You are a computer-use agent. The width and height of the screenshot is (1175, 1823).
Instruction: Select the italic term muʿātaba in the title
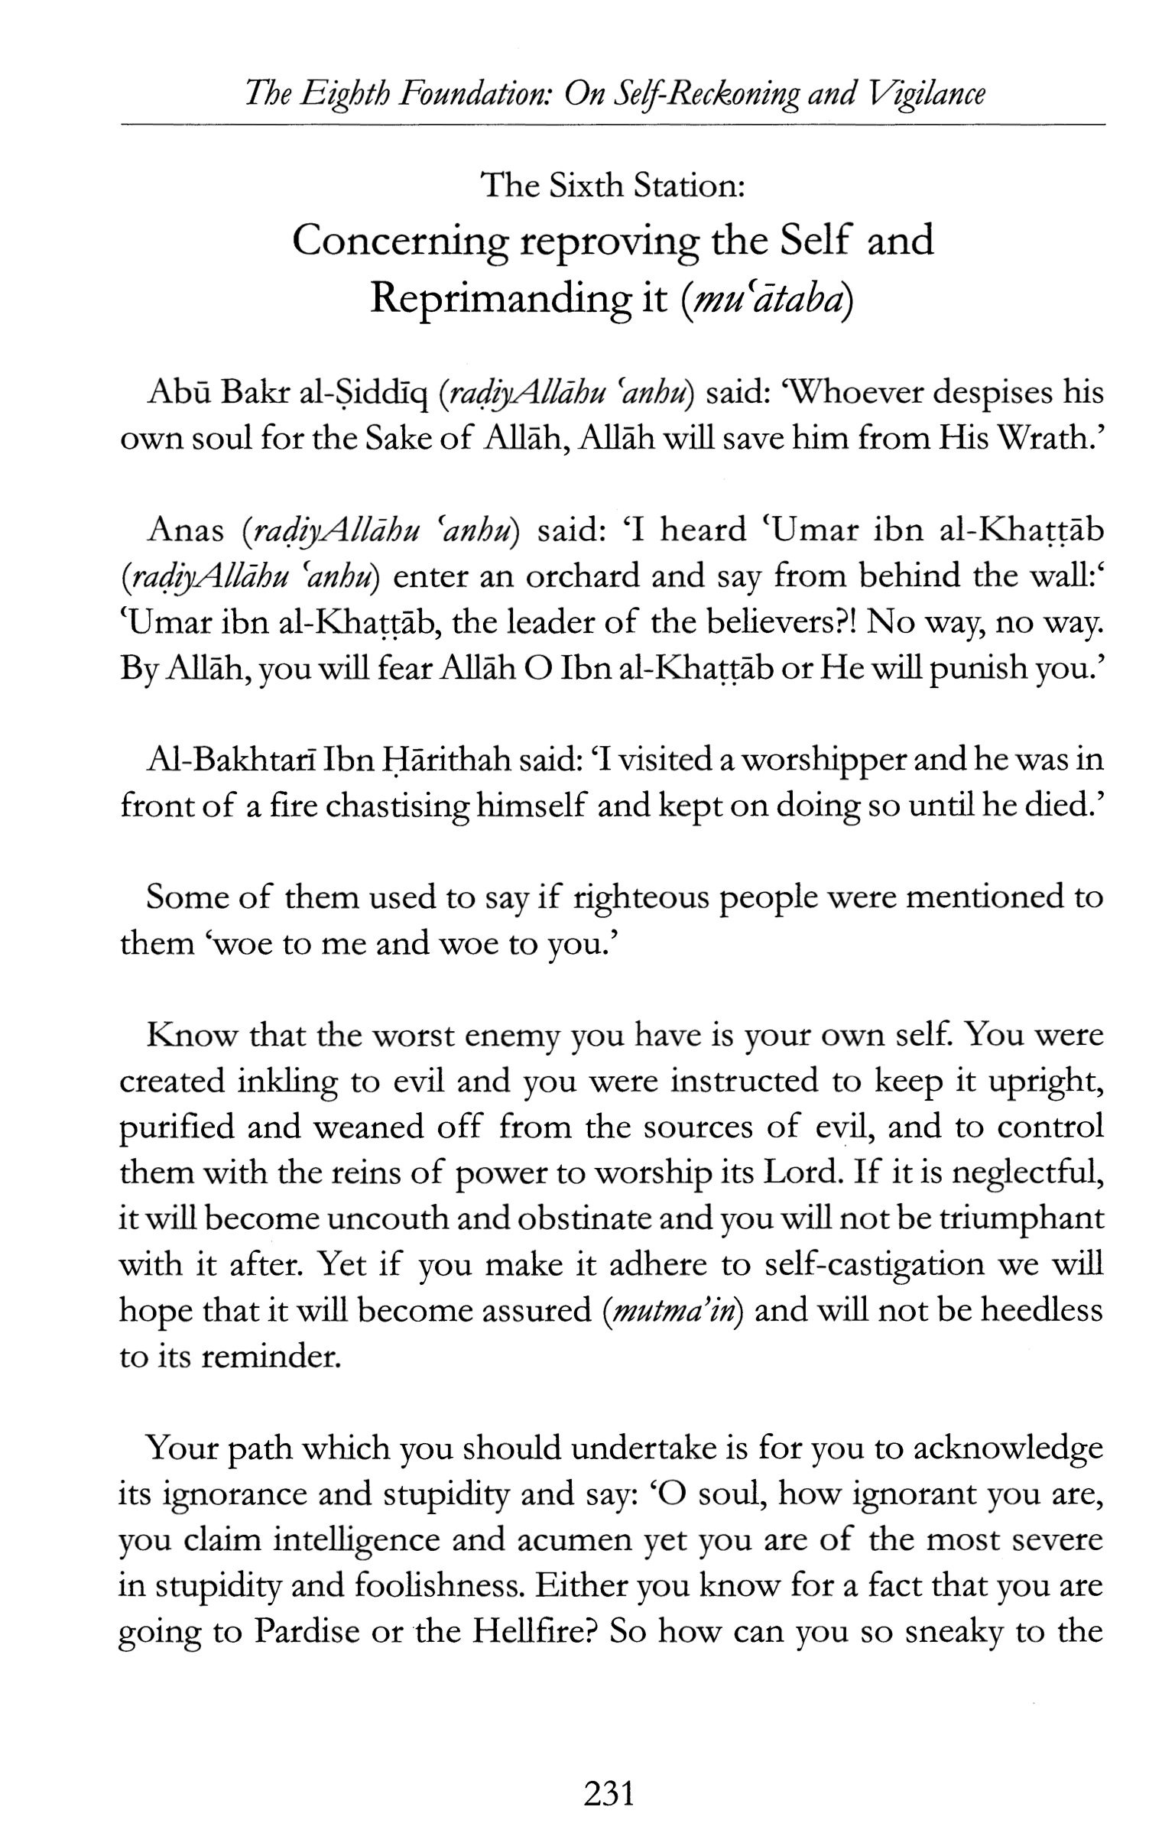click(765, 299)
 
